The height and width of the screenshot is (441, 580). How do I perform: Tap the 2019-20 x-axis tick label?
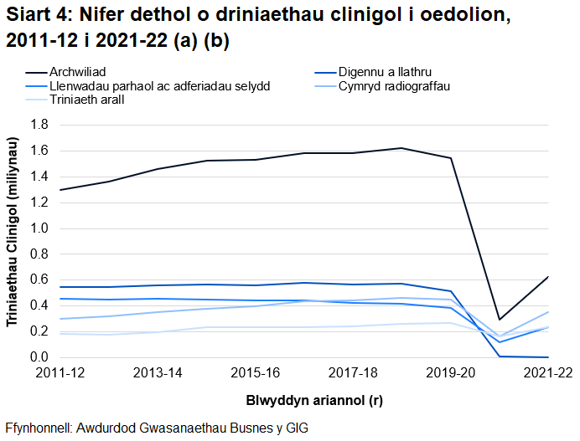[450, 372]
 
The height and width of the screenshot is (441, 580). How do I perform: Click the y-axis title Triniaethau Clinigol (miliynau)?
[13, 241]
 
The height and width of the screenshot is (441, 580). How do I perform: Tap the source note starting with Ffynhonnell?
[157, 427]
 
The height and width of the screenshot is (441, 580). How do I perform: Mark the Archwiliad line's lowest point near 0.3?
[500, 320]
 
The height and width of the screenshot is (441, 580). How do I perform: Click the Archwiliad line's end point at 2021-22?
[548, 276]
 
